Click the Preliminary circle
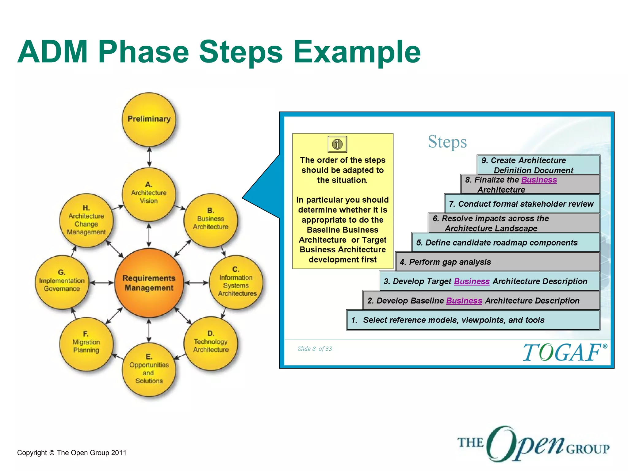click(x=149, y=119)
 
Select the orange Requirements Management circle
click(x=149, y=283)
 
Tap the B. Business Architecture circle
click(x=211, y=220)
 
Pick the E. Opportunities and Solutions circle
click(x=149, y=370)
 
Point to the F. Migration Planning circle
click(x=86, y=344)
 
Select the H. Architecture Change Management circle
click(x=86, y=220)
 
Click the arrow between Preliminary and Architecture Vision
click(x=149, y=157)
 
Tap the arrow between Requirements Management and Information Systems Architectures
click(x=197, y=283)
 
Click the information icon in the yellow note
click(x=337, y=144)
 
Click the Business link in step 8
click(x=539, y=180)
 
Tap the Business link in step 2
click(x=464, y=301)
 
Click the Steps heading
click(x=447, y=142)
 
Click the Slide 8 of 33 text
click(x=315, y=349)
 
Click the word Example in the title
click(x=357, y=52)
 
